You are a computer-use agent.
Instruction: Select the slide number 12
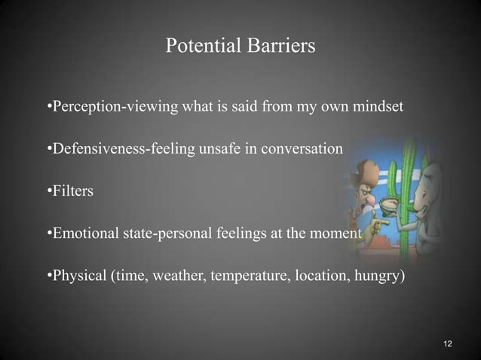click(x=448, y=344)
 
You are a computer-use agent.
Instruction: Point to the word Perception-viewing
click(x=112, y=107)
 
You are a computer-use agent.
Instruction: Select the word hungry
click(x=376, y=276)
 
